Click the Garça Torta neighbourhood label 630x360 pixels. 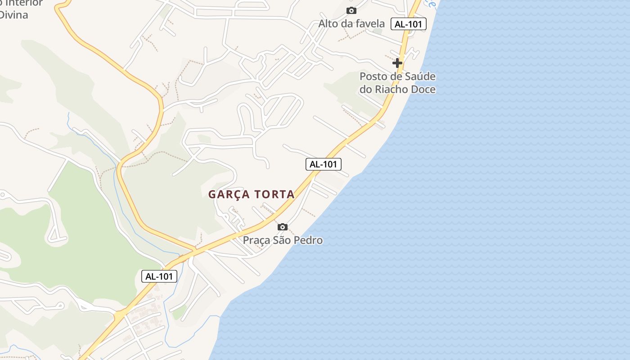[x=251, y=194]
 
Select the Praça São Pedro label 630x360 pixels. [x=283, y=240]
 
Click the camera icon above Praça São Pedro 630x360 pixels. [x=282, y=227]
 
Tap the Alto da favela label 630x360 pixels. [x=351, y=23]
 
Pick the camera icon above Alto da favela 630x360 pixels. [x=351, y=10]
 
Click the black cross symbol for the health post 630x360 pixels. [x=397, y=63]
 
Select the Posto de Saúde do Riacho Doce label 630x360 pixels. [x=397, y=83]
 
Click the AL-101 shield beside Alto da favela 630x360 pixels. [x=409, y=24]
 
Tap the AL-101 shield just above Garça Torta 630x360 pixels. [x=324, y=164]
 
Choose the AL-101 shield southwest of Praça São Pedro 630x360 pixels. [x=159, y=276]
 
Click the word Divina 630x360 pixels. [x=13, y=15]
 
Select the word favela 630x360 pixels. [x=369, y=23]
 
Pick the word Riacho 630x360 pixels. [x=393, y=89]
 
